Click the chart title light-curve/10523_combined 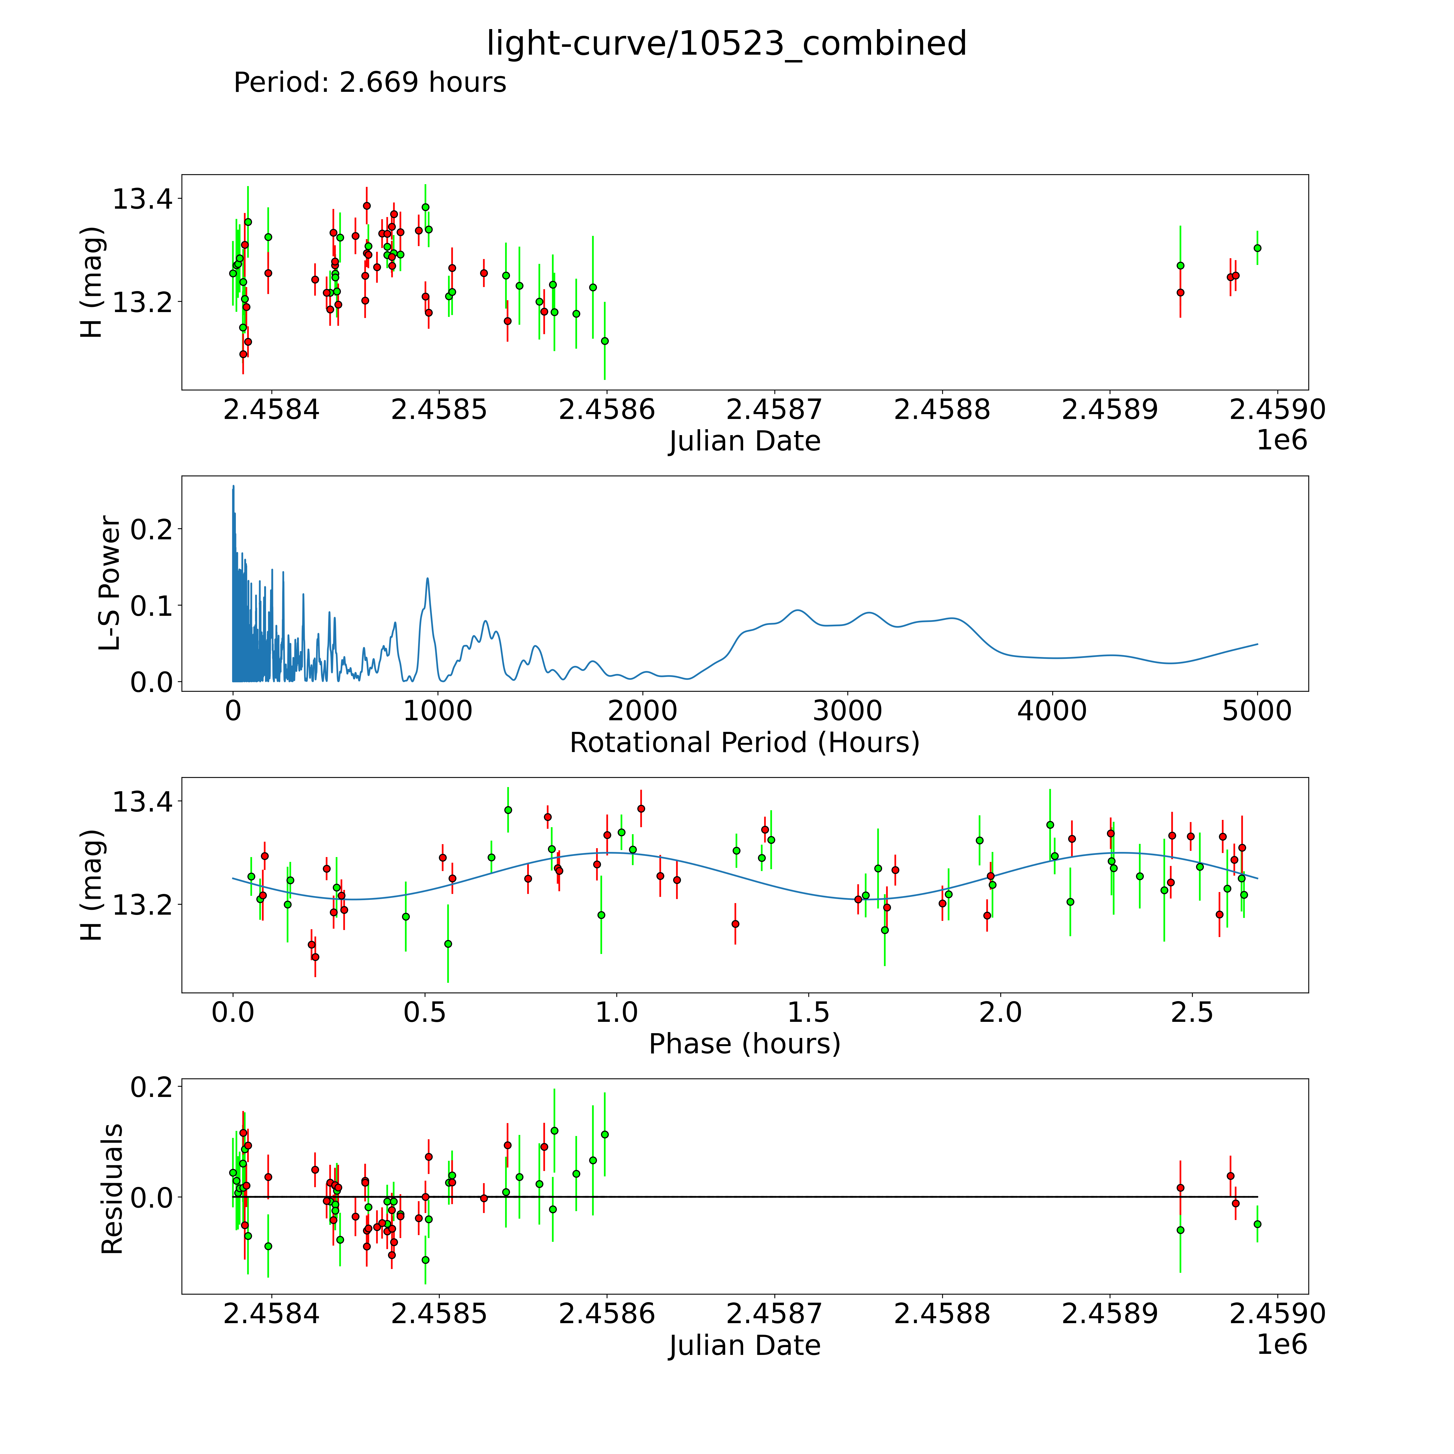coord(726,44)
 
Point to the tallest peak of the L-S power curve coord(233,486)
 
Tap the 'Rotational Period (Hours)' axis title coord(744,743)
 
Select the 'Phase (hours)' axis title coord(744,1044)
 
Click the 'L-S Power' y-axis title coord(110,583)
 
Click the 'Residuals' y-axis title coord(111,1189)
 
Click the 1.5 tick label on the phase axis coord(808,1012)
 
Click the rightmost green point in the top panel coord(1257,248)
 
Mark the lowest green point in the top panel coord(604,341)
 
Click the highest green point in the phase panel coord(508,810)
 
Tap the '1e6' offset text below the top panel coord(1282,440)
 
